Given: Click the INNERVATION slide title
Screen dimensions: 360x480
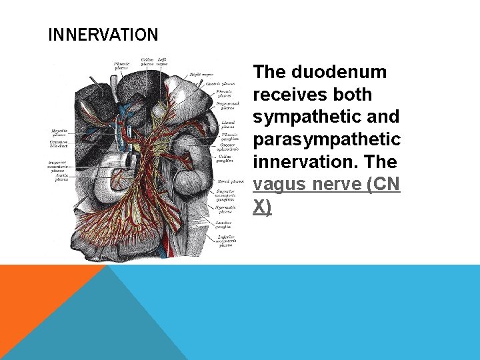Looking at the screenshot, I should point(103,35).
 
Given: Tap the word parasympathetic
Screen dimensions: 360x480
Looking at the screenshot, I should point(327,139).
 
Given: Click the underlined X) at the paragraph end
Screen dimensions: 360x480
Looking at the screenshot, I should point(263,207).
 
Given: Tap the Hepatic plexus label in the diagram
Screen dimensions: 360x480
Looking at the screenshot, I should point(59,133).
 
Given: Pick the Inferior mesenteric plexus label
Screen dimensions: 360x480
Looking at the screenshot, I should point(226,240).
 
